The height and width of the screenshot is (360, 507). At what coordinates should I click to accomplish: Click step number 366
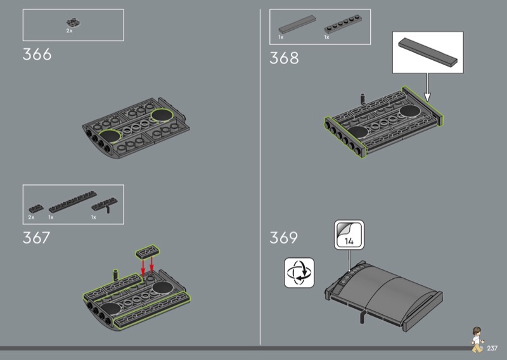(x=37, y=55)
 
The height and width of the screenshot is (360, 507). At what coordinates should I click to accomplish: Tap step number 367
(x=36, y=238)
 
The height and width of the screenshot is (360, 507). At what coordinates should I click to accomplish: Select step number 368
(x=284, y=58)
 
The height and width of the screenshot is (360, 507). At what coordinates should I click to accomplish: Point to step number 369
(x=283, y=238)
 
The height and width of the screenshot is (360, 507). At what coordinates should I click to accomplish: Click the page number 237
(x=492, y=348)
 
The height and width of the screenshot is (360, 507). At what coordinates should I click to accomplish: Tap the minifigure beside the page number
(x=477, y=339)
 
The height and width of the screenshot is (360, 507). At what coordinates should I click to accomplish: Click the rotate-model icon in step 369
(x=299, y=273)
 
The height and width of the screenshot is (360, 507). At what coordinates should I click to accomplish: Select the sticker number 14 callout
(x=349, y=235)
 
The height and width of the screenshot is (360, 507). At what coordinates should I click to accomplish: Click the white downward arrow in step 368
(x=427, y=87)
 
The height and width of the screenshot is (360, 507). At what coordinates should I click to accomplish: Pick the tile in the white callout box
(x=428, y=52)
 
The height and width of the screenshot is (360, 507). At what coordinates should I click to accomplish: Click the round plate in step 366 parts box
(x=73, y=23)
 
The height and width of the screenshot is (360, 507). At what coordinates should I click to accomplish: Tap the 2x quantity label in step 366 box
(x=69, y=31)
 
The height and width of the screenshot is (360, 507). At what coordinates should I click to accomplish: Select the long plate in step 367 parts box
(x=73, y=202)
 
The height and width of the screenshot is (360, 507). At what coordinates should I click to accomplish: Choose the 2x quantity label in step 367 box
(x=31, y=217)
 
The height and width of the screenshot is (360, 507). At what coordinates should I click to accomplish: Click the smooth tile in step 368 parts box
(x=297, y=24)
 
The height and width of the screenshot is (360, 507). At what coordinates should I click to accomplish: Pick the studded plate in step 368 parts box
(x=343, y=24)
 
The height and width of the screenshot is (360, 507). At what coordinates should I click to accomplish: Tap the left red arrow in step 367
(x=143, y=267)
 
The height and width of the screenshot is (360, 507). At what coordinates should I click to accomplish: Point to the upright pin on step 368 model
(x=363, y=99)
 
